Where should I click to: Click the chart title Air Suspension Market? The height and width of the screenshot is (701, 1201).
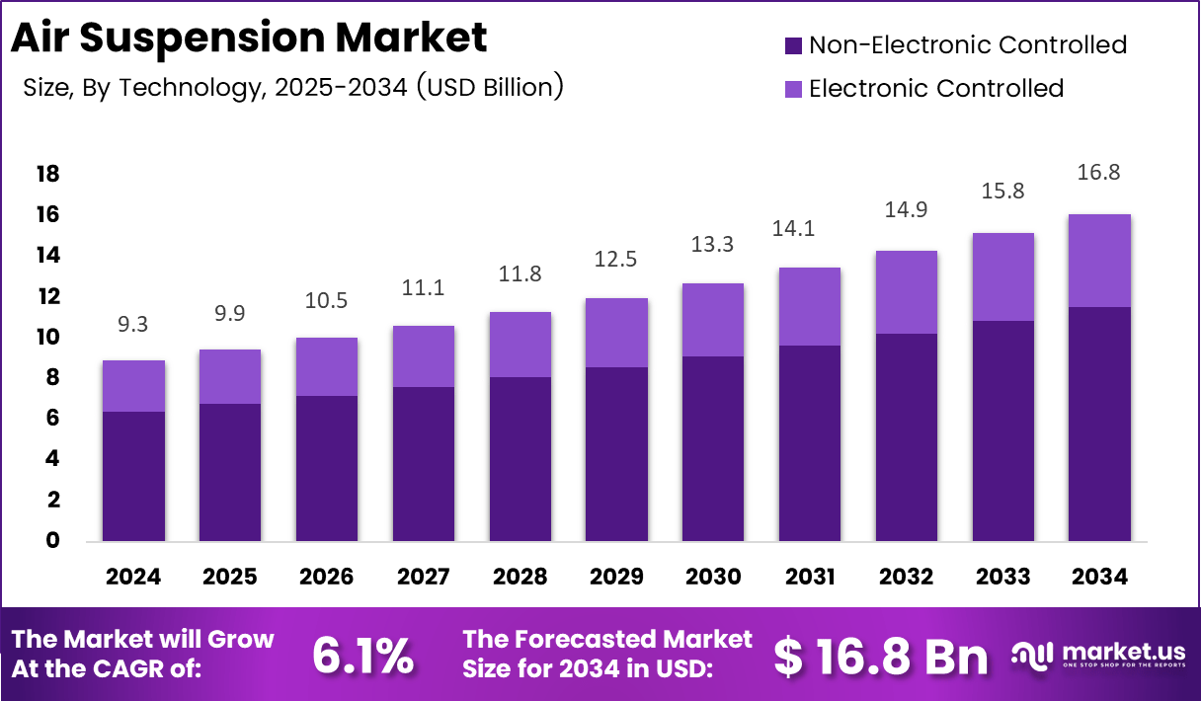249,38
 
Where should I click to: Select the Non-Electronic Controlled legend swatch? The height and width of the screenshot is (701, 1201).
793,45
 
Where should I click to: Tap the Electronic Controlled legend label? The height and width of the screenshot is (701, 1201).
935,89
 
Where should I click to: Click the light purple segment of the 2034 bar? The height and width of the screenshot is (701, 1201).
1098,261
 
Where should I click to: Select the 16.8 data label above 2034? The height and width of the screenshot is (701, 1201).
1098,173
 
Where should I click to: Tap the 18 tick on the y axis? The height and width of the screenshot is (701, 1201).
47,175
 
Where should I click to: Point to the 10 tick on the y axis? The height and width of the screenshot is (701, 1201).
47,338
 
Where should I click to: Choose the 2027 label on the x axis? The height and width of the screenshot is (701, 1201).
423,577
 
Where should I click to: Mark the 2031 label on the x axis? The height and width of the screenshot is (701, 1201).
809,577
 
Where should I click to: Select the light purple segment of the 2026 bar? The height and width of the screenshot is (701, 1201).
327,366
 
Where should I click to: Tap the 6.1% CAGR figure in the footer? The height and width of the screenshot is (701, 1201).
362,656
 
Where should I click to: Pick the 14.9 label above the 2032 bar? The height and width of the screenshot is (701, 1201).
906,209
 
